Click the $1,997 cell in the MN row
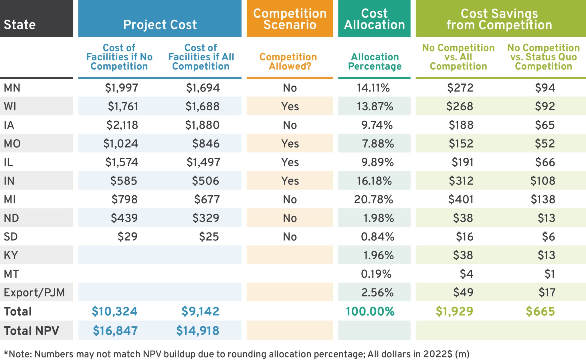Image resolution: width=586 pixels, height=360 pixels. point(122,88)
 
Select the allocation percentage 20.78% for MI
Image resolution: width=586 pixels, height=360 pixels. point(373,200)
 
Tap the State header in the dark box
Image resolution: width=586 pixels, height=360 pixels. point(20,25)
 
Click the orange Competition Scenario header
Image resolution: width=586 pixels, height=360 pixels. point(290,19)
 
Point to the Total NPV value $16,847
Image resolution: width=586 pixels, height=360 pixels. point(115,331)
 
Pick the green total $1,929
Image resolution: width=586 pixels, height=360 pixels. point(454,311)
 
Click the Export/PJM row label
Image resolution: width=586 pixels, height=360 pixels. point(34,293)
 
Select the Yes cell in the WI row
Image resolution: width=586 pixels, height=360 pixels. point(290,106)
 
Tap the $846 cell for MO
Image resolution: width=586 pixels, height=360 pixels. point(206,144)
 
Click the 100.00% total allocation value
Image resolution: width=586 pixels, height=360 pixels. point(370,311)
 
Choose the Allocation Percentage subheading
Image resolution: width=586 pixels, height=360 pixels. point(375,61)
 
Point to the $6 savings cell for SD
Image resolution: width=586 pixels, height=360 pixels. point(548,237)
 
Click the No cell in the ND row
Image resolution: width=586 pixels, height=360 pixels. point(290,218)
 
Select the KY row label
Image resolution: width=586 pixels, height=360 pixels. point(11,255)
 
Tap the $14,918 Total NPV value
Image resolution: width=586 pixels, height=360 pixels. point(197,331)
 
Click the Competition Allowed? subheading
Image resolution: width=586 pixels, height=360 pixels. point(288,61)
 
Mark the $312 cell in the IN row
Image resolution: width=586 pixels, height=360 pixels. point(461,181)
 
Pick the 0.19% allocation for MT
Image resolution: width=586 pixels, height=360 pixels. point(376,274)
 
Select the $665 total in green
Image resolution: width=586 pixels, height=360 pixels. point(540,311)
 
